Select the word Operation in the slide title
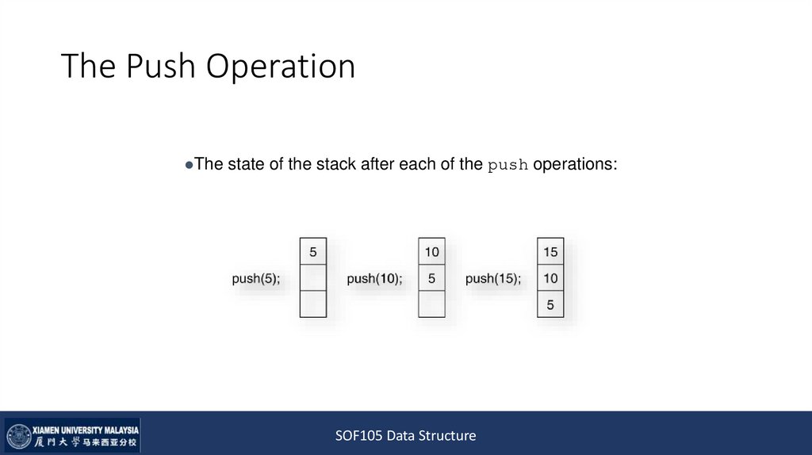pyautogui.click(x=282, y=67)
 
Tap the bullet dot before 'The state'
pyautogui.click(x=189, y=166)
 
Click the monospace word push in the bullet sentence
pyautogui.click(x=508, y=166)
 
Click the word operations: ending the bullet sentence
pyautogui.click(x=575, y=165)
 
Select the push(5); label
pyautogui.click(x=256, y=278)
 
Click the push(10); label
pyautogui.click(x=374, y=278)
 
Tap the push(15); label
pyautogui.click(x=493, y=278)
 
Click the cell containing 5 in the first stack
pyautogui.click(x=313, y=252)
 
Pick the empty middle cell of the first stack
pyautogui.click(x=313, y=278)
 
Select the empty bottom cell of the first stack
pyautogui.click(x=313, y=304)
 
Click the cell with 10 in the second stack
pyautogui.click(x=432, y=252)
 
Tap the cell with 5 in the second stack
pyautogui.click(x=432, y=278)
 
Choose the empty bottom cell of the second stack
pyautogui.click(x=432, y=304)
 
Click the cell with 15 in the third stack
pyautogui.click(x=550, y=252)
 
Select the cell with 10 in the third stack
pyautogui.click(x=550, y=278)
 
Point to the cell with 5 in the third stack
pyautogui.click(x=550, y=304)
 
